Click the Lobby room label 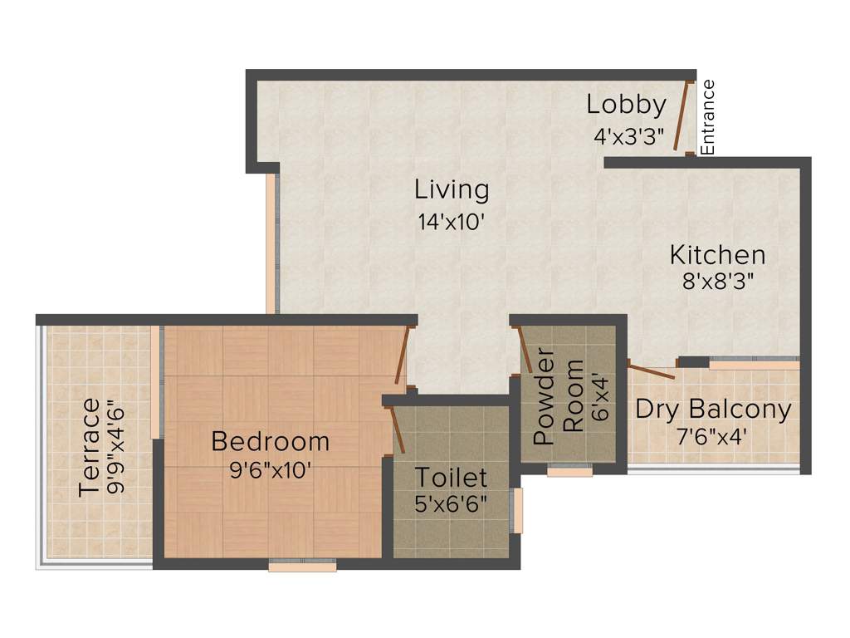pos(626,106)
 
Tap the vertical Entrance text pos(708,117)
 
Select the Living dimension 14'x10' pos(452,222)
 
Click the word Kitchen pos(717,254)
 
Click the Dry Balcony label pos(713,410)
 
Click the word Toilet pos(451,478)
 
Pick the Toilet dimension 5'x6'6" pos(451,503)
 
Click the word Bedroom pos(270,441)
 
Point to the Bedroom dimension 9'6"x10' pos(270,469)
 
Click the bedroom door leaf pos(403,357)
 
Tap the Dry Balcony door pos(652,371)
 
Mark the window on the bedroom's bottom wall pos(302,566)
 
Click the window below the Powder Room pos(569,471)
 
